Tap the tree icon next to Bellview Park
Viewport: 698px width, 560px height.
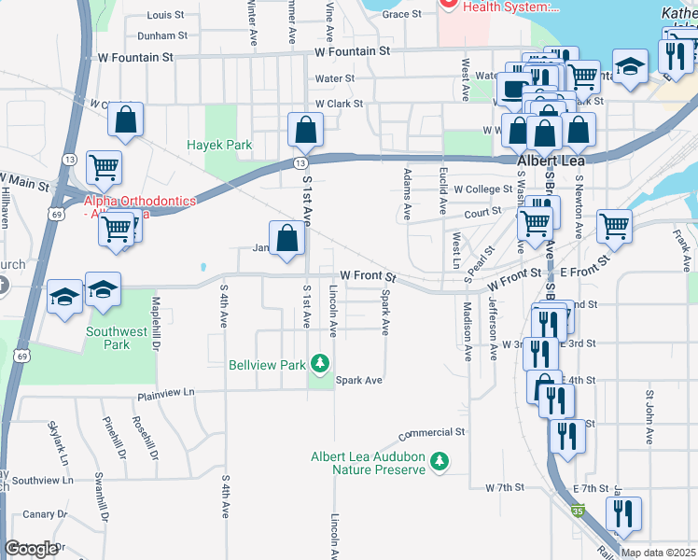(320, 362)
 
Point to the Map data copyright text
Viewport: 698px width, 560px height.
(658, 553)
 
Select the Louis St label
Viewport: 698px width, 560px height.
(166, 16)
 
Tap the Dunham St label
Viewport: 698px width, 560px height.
(162, 35)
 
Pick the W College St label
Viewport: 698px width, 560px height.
(478, 189)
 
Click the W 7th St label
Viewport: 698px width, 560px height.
(506, 488)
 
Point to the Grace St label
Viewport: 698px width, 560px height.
(402, 14)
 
